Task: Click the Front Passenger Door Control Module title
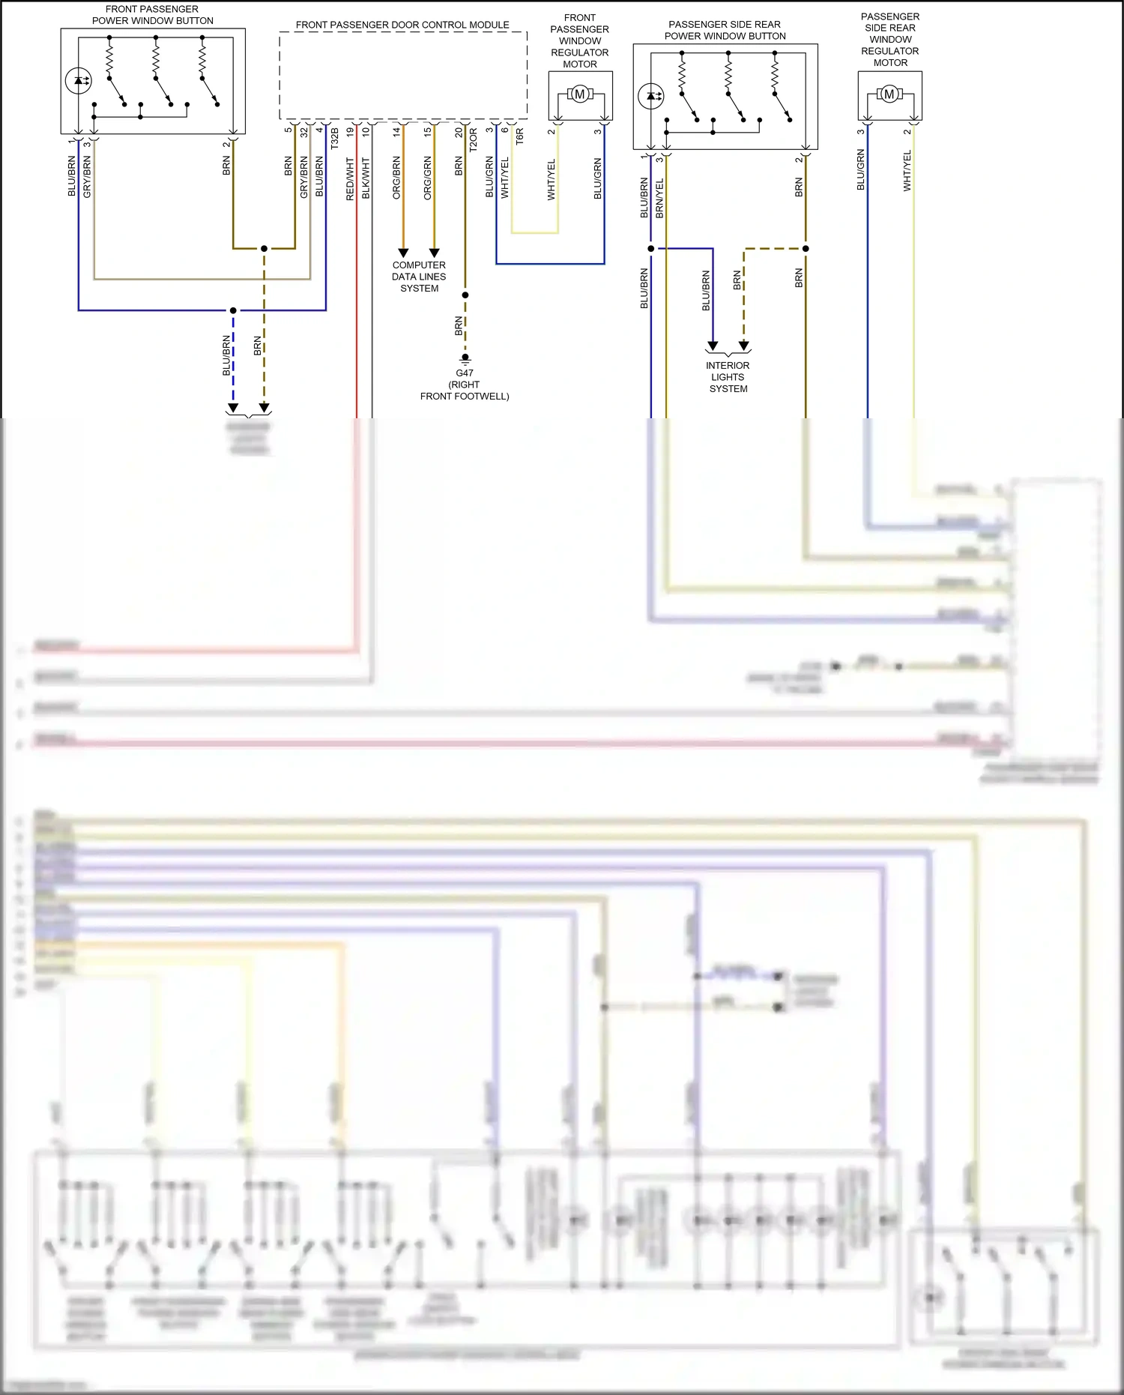(402, 25)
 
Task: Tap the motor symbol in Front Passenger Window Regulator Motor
(579, 94)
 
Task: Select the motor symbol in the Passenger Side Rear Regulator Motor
(889, 94)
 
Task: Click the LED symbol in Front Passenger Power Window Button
(79, 80)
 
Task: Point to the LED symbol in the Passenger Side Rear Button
(650, 96)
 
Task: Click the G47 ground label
(465, 373)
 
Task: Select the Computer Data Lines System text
(419, 277)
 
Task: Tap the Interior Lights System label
(728, 377)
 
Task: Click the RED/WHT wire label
(350, 178)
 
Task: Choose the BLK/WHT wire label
(366, 178)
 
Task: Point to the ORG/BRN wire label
(396, 178)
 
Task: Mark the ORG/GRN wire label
(428, 178)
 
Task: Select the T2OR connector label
(473, 140)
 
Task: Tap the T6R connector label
(519, 136)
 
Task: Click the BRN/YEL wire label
(659, 199)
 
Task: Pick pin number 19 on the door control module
(350, 131)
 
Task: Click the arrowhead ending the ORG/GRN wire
(434, 253)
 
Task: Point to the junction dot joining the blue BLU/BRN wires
(233, 310)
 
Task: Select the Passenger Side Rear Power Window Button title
(725, 30)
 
